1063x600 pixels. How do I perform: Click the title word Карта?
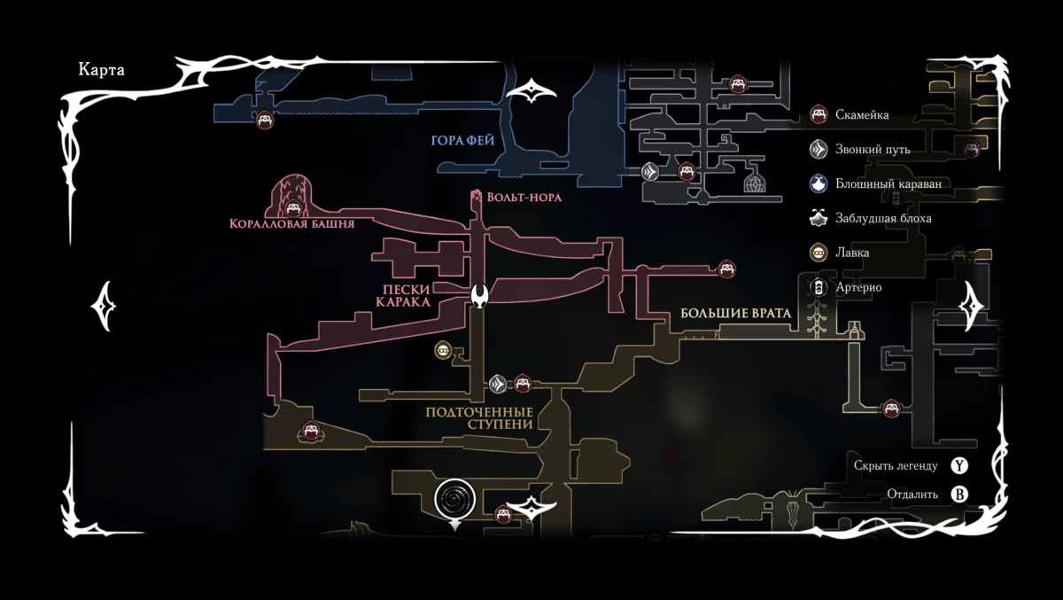pyautogui.click(x=101, y=71)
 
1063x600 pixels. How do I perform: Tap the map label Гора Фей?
pyautogui.click(x=462, y=141)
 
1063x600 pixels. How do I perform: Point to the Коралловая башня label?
pyautogui.click(x=291, y=224)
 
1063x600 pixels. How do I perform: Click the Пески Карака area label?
pyautogui.click(x=402, y=296)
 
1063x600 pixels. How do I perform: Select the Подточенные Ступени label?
pyautogui.click(x=479, y=418)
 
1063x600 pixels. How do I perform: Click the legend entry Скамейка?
pyautogui.click(x=861, y=114)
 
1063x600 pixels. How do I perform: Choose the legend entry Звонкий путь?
pyautogui.click(x=872, y=149)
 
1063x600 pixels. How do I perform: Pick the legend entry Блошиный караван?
pyautogui.click(x=888, y=183)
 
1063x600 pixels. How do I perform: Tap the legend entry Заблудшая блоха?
pyautogui.click(x=882, y=218)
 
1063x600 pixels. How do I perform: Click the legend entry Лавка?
pyautogui.click(x=851, y=253)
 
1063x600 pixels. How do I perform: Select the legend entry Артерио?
pyautogui.click(x=857, y=287)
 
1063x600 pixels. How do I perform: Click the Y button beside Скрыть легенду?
pyautogui.click(x=959, y=465)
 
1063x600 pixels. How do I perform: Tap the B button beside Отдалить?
pyautogui.click(x=959, y=495)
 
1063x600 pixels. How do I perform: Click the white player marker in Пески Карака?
pyautogui.click(x=480, y=295)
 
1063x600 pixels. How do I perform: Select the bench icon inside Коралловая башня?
pyautogui.click(x=291, y=208)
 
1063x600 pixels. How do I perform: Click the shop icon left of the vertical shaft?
pyautogui.click(x=443, y=351)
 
